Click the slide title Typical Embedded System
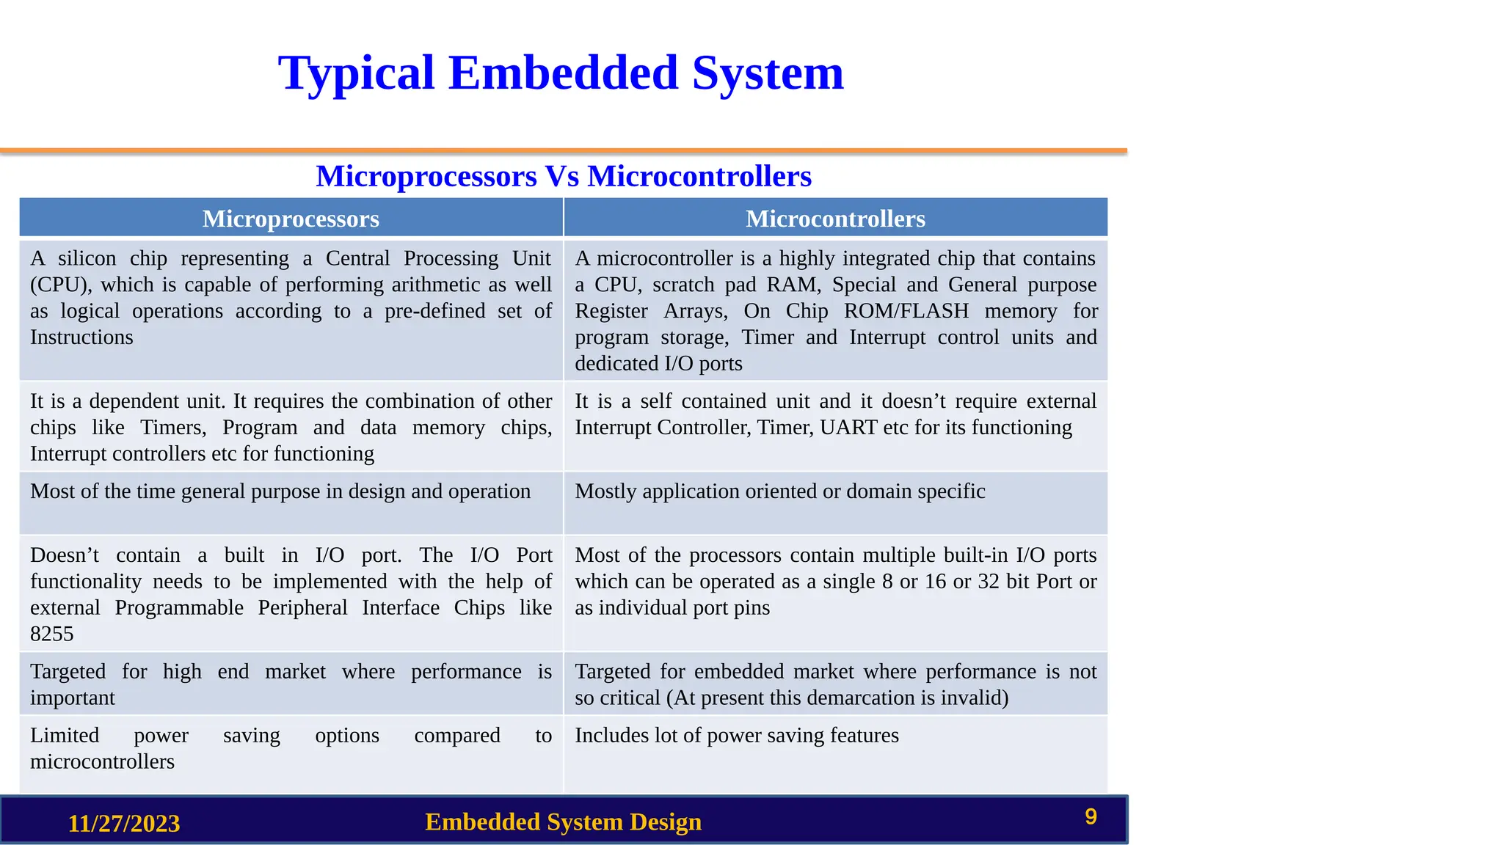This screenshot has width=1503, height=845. click(x=561, y=73)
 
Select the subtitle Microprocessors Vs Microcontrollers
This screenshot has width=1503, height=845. click(x=564, y=177)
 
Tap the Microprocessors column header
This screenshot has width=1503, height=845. click(x=291, y=219)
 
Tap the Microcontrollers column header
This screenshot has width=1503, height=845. click(x=835, y=219)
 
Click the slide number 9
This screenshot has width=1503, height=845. click(x=1091, y=817)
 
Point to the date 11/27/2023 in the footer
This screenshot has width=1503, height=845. click(x=124, y=823)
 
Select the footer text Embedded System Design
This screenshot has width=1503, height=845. click(x=563, y=822)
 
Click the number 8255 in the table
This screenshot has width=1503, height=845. click(x=52, y=634)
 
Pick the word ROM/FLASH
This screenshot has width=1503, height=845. click(x=906, y=311)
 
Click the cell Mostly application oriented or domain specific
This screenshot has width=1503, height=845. click(x=779, y=491)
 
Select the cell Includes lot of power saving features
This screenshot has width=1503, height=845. click(x=736, y=736)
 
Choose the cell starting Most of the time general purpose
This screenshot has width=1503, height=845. click(x=280, y=491)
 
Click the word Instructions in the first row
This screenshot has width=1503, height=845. click(x=81, y=337)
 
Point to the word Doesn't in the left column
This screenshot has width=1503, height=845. click(x=65, y=555)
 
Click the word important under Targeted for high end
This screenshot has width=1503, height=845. click(x=73, y=698)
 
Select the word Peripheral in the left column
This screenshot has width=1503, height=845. click(x=302, y=608)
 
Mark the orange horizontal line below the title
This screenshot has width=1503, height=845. click(x=564, y=151)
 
